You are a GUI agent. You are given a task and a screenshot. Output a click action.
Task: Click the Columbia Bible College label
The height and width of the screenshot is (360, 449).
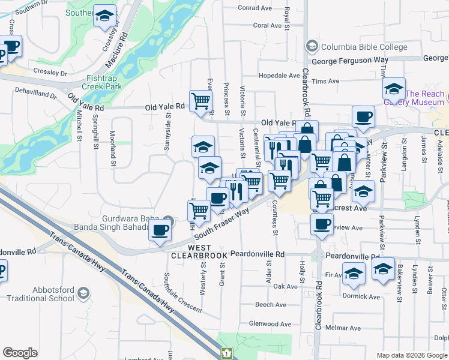364,47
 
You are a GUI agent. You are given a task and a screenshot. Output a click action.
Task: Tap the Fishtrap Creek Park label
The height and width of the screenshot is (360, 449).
104,82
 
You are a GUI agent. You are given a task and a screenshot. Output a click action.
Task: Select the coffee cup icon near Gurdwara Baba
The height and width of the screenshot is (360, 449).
160,230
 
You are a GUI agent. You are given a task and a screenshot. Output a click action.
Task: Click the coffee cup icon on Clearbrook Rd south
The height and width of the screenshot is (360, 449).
322,225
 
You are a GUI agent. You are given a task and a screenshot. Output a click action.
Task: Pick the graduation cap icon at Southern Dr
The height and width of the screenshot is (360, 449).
105,17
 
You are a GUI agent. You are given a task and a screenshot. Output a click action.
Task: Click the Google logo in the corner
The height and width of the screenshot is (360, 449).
20,352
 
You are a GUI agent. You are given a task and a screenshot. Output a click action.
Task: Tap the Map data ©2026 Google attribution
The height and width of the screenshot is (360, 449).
412,355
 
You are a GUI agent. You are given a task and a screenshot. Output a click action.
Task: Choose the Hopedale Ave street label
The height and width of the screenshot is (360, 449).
279,76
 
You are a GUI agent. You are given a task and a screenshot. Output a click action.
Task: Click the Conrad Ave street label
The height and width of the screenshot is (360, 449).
255,8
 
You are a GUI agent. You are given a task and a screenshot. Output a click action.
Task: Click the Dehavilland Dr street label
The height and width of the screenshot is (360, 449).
35,95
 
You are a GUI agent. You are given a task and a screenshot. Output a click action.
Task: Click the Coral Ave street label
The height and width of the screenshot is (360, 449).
267,25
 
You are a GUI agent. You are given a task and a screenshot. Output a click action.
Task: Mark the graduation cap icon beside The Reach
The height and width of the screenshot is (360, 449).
393,90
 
